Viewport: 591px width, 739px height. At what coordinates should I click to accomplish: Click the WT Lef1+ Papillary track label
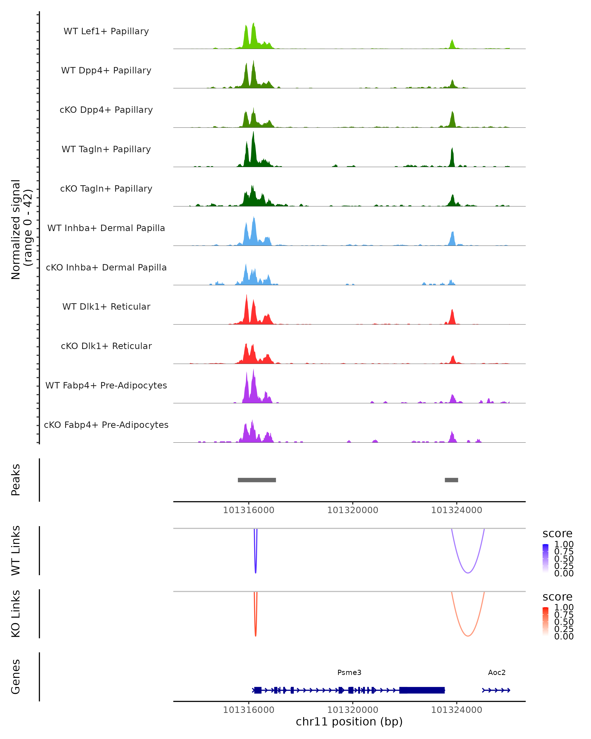[x=106, y=31]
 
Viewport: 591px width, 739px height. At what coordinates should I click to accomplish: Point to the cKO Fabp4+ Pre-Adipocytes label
[x=106, y=425]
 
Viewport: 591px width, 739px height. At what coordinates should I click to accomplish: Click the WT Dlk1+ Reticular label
[x=106, y=306]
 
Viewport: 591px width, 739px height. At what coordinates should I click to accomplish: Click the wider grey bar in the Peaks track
[x=257, y=480]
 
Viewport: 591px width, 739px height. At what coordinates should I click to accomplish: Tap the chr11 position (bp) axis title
[x=349, y=722]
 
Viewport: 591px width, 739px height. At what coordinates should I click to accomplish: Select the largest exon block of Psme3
[x=422, y=690]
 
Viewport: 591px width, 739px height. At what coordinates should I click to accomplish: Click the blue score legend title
[x=557, y=534]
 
